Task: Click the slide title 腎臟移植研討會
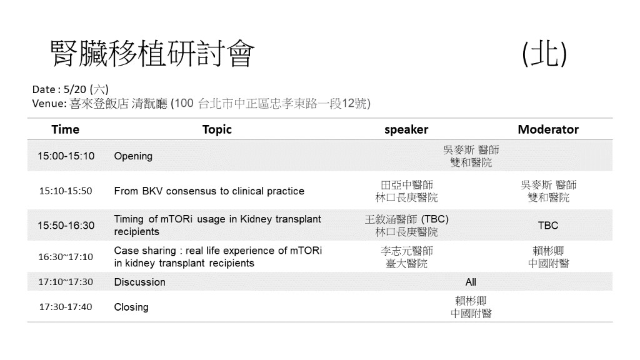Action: point(152,54)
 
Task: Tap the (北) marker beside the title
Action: point(544,54)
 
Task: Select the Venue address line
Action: point(201,103)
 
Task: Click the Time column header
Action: point(65,129)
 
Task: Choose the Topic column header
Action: point(217,129)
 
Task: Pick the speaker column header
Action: point(406,129)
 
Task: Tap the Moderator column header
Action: point(548,129)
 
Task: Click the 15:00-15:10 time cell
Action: point(66,156)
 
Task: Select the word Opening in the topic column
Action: point(133,156)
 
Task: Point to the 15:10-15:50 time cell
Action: point(66,191)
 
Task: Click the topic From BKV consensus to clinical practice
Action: point(209,191)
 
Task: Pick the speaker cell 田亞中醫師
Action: point(406,185)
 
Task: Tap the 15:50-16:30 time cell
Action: point(66,225)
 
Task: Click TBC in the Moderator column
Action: point(548,225)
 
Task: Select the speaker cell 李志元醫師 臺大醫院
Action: point(406,257)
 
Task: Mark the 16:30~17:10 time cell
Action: point(66,257)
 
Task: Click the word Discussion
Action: point(139,282)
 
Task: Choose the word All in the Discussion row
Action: point(471,282)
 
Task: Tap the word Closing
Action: point(131,307)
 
